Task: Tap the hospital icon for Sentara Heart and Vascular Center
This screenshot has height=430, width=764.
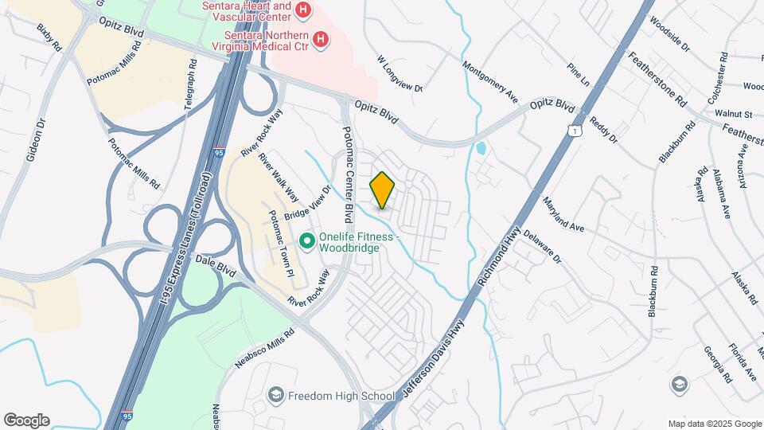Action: click(302, 10)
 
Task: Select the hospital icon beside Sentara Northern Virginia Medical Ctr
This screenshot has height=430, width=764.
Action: click(320, 39)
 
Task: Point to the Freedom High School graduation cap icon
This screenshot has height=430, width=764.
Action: click(275, 395)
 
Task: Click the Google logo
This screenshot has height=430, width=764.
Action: click(26, 420)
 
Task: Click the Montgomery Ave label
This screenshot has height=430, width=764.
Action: click(489, 78)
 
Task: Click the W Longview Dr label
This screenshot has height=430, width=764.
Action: click(400, 74)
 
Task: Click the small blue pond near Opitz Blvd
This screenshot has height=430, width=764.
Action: click(480, 148)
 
